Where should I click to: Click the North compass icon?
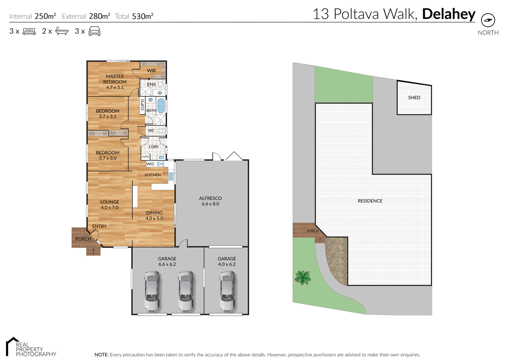488,20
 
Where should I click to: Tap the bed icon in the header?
29,31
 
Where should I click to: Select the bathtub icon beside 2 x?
62,31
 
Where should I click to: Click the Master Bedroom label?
115,82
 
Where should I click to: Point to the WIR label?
151,71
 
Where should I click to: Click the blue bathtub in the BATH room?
161,105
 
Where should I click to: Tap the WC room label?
151,131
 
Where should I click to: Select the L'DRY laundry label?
154,147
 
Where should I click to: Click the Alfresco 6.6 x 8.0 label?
210,201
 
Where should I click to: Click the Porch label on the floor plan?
83,239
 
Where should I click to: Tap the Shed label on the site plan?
414,98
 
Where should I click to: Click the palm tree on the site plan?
303,278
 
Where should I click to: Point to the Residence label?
370,201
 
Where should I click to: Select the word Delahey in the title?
448,14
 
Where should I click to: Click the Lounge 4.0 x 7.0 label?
110,205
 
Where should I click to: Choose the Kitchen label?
153,175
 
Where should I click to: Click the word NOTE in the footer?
101,355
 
